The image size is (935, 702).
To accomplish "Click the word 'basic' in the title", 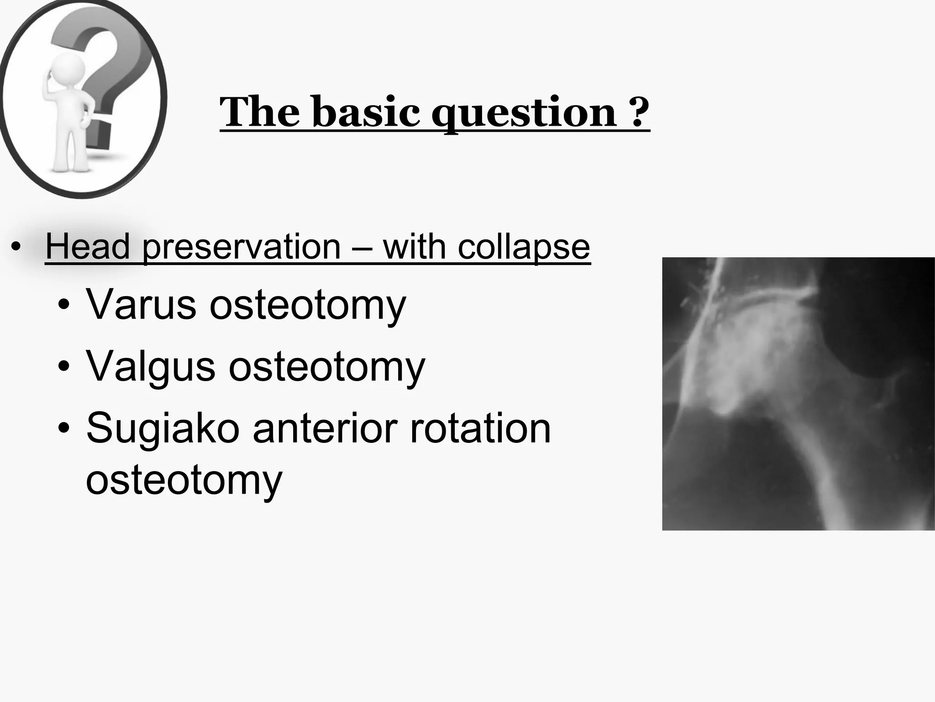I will coord(366,112).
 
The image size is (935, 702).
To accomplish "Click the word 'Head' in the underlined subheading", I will coord(88,247).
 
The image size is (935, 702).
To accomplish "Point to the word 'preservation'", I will coord(242,247).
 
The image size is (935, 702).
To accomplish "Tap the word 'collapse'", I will coord(524,247).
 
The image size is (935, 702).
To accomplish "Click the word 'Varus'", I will coord(141,304).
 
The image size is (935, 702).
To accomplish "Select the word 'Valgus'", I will coord(150,366).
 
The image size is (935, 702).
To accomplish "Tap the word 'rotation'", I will coord(480,428).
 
